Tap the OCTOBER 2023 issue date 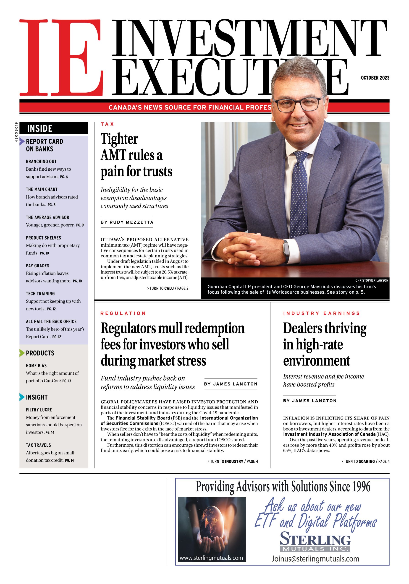(375, 78)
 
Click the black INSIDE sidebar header (54, 128)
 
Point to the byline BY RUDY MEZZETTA (127, 222)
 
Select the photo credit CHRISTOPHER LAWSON (372, 280)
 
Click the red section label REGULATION (123, 313)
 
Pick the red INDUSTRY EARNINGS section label (321, 313)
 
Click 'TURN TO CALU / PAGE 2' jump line (168, 288)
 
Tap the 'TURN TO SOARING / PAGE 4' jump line (365, 461)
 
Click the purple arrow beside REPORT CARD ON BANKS (22, 141)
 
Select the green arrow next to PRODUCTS (22, 353)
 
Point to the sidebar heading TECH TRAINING (40, 294)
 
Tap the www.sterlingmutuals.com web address (211, 558)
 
